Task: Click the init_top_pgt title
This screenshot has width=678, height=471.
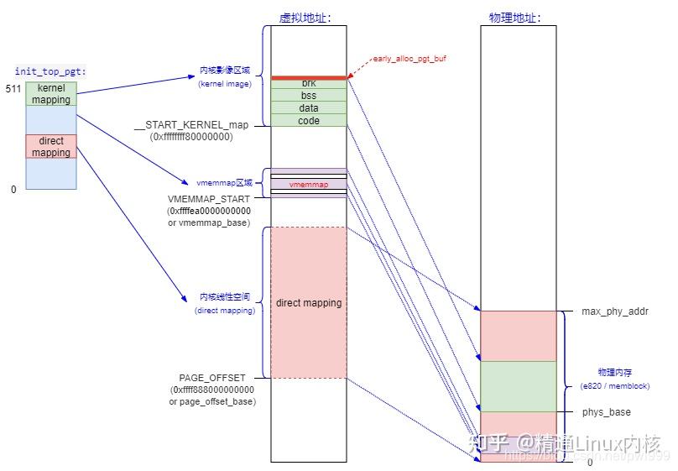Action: pyautogui.click(x=50, y=72)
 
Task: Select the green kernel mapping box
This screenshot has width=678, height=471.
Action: pyautogui.click(x=51, y=94)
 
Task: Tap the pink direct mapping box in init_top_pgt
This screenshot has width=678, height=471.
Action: pyautogui.click(x=51, y=147)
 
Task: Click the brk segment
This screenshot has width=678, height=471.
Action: pyautogui.click(x=309, y=84)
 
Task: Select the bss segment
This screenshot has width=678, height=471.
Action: pyautogui.click(x=309, y=96)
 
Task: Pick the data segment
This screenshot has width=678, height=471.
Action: pyautogui.click(x=309, y=108)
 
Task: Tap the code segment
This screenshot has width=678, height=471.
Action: pyautogui.click(x=309, y=121)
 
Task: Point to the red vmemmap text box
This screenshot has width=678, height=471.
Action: pyautogui.click(x=309, y=184)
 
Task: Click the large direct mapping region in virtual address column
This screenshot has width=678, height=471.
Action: pyautogui.click(x=309, y=302)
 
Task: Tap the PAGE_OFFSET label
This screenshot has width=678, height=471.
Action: pyautogui.click(x=212, y=379)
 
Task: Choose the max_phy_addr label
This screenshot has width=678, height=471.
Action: pyautogui.click(x=615, y=311)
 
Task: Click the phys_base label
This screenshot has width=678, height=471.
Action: pyautogui.click(x=606, y=412)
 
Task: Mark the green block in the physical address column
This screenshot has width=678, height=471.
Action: pyautogui.click(x=518, y=386)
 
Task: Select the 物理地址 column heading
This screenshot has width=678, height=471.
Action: pyautogui.click(x=514, y=18)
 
